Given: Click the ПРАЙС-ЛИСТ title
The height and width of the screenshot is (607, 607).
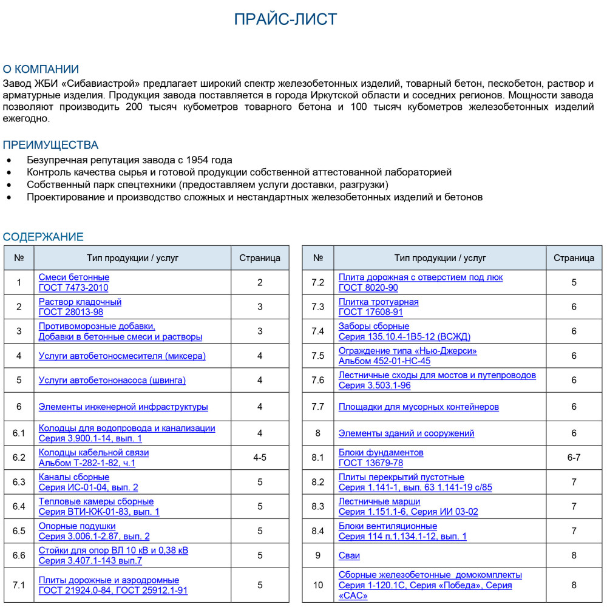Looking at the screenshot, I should [285, 19].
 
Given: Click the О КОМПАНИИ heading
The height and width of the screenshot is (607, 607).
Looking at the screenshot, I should [41, 69].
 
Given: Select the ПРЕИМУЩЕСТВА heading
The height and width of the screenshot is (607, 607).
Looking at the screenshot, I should [50, 145].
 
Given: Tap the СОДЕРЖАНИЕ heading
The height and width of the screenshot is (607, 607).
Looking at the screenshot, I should [43, 237].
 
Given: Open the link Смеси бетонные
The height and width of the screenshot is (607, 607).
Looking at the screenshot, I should [74, 277].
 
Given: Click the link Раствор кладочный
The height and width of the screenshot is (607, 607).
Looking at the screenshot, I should [80, 302].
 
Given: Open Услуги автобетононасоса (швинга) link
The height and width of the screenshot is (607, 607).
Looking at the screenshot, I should [112, 380].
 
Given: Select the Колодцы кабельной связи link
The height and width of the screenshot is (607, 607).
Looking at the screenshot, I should [93, 452].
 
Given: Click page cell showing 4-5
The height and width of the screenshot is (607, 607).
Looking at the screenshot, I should [260, 458].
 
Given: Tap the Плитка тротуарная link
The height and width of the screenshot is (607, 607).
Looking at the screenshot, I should [378, 302].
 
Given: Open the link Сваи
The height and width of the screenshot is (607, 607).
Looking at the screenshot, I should [349, 555].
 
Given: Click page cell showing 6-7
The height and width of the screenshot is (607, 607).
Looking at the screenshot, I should [574, 458].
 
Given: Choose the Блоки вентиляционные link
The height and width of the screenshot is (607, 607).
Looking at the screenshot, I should [387, 526].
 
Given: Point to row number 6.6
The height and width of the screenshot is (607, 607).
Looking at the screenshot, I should [19, 555].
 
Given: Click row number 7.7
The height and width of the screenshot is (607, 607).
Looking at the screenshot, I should [318, 407].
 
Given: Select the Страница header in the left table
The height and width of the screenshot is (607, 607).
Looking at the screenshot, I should [260, 258].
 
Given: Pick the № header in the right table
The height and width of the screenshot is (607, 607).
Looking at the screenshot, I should [318, 258].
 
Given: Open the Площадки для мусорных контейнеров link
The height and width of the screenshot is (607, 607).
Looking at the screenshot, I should [418, 407].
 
